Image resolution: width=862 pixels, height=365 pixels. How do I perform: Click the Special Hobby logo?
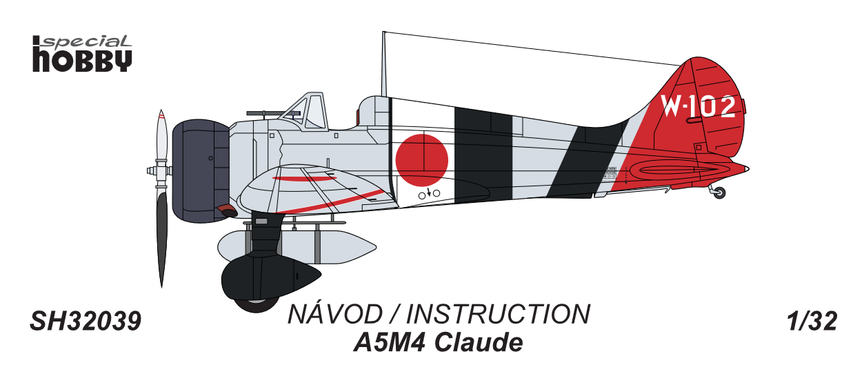82,53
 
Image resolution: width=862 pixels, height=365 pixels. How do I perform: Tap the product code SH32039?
86,322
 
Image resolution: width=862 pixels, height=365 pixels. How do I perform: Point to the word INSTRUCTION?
499,315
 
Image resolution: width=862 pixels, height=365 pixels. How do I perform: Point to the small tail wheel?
719,193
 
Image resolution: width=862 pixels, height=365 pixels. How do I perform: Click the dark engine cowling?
200,170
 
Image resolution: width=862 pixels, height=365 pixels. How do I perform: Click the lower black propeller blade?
162,235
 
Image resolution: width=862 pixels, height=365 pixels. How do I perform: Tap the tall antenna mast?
383,66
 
